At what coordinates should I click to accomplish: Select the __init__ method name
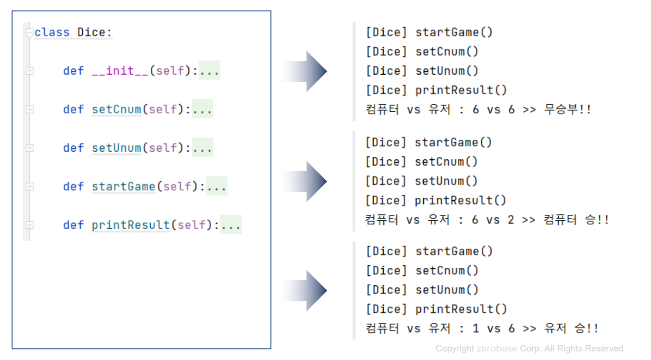[x=120, y=71]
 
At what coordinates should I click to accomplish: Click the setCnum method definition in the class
[x=117, y=109]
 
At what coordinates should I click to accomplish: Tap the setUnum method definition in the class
[x=117, y=148]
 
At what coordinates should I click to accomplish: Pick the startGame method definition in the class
[x=124, y=186]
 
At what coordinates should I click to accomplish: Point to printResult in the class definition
[x=131, y=224]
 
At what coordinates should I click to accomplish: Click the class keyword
[x=52, y=32]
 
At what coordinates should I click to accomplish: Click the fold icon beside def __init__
[x=29, y=71]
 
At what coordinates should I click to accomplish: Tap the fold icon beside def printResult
[x=29, y=224]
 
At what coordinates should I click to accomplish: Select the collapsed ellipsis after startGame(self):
[x=216, y=186]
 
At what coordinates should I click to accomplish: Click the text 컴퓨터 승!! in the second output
[x=576, y=220]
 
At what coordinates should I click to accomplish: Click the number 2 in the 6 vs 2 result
[x=511, y=220]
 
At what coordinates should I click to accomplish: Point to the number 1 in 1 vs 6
[x=476, y=328]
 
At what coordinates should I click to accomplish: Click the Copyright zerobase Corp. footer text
[x=529, y=349]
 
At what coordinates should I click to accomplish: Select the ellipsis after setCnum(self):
[x=202, y=109]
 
